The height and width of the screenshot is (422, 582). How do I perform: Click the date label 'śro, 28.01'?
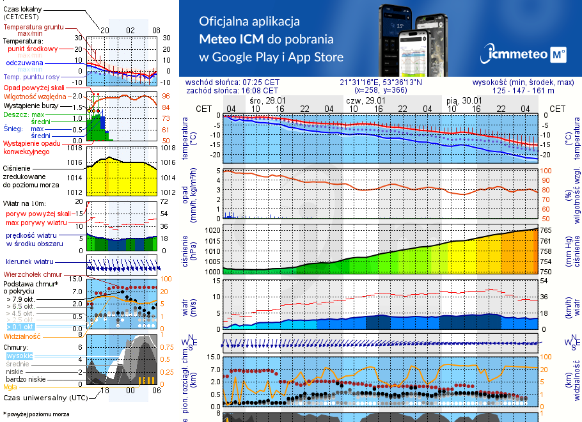(x=267, y=100)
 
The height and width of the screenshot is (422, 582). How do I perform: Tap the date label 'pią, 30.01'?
(x=464, y=100)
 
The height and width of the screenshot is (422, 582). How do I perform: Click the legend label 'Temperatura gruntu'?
(x=33, y=27)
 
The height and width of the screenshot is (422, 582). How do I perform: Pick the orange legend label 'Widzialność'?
(x=22, y=336)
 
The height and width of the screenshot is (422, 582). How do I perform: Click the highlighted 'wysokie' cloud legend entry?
(x=19, y=355)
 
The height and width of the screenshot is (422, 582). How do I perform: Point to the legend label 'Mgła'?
(x=10, y=387)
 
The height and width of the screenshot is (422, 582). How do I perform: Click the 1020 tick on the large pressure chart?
(x=213, y=230)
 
